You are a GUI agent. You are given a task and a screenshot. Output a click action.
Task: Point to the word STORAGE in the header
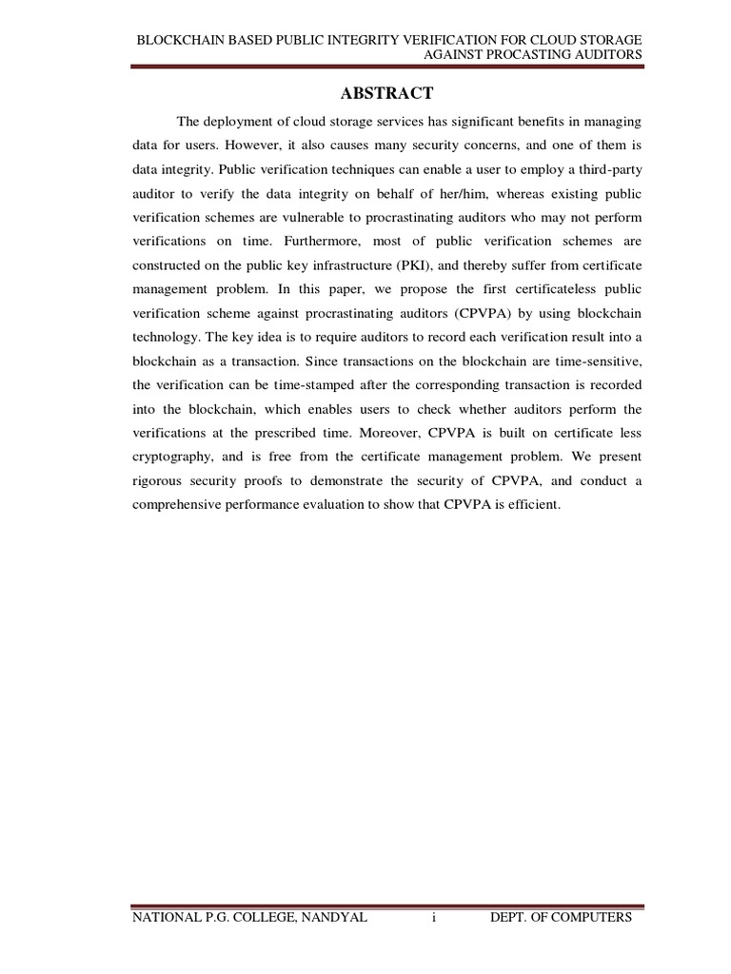coord(611,40)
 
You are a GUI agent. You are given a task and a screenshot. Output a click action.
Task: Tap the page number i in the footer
coord(433,917)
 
